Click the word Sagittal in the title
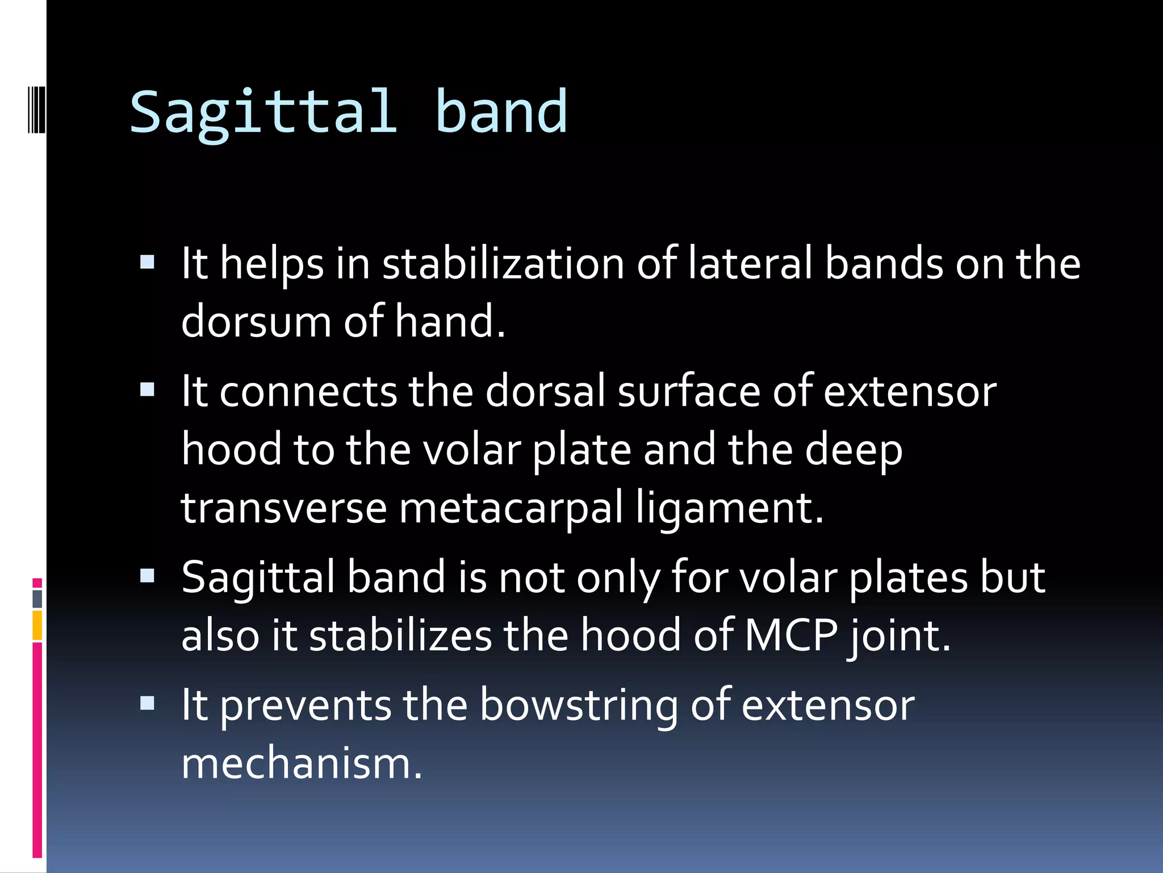[263, 113]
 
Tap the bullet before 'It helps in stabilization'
[147, 262]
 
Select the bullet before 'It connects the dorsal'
[147, 390]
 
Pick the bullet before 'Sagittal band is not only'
[147, 576]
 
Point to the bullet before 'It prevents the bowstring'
[147, 704]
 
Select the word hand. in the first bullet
[450, 322]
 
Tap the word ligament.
[729, 508]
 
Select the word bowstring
[579, 706]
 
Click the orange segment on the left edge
[37, 625]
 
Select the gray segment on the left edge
[37, 598]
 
